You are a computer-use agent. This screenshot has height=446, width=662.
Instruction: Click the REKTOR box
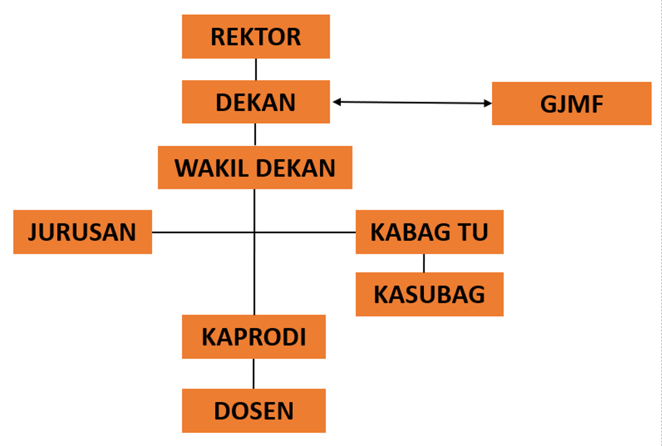click(256, 36)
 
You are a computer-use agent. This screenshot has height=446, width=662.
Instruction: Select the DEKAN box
click(256, 102)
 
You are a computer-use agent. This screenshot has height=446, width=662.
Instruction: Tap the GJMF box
click(572, 104)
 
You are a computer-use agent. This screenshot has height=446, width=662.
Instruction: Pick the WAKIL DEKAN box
click(255, 168)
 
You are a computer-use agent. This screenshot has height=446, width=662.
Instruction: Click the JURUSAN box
click(82, 232)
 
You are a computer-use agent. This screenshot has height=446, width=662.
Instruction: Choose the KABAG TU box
click(429, 232)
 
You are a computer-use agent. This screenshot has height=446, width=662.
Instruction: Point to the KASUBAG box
click(429, 295)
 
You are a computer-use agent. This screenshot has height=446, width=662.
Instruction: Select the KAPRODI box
click(254, 337)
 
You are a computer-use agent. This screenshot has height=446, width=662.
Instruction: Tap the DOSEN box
click(254, 411)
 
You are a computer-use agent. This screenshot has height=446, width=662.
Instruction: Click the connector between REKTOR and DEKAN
click(256, 69)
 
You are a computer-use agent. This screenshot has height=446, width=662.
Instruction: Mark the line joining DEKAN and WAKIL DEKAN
click(255, 135)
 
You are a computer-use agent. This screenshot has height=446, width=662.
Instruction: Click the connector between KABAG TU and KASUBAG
click(424, 263)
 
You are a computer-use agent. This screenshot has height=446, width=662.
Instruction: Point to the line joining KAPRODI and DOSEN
click(254, 374)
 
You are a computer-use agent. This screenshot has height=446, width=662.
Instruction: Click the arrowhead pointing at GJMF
click(487, 104)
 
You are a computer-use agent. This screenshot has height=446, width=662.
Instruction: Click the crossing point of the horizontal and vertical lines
click(254, 232)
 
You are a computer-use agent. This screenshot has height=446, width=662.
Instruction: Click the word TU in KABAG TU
click(477, 232)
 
